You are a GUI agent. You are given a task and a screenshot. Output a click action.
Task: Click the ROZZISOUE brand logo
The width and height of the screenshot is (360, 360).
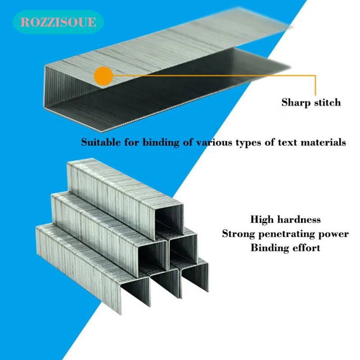click(58, 22)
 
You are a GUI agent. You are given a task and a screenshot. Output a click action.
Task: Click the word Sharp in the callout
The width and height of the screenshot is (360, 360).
click(296, 103)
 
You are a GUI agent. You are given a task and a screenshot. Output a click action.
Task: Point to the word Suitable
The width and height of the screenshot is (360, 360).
click(101, 142)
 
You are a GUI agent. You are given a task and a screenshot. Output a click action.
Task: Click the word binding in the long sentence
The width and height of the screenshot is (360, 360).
click(161, 143)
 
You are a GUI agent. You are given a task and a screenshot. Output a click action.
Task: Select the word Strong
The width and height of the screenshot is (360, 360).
click(238, 234)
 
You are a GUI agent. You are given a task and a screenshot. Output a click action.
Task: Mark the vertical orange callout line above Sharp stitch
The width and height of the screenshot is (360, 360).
click(315, 85)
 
